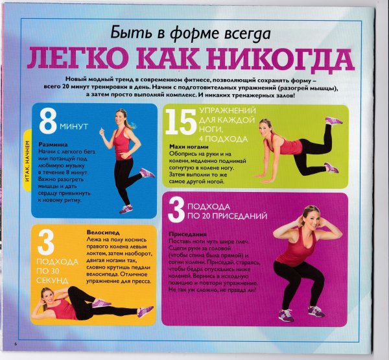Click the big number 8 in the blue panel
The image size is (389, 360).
click(x=49, y=120)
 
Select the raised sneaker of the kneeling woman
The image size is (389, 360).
click(x=334, y=121)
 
